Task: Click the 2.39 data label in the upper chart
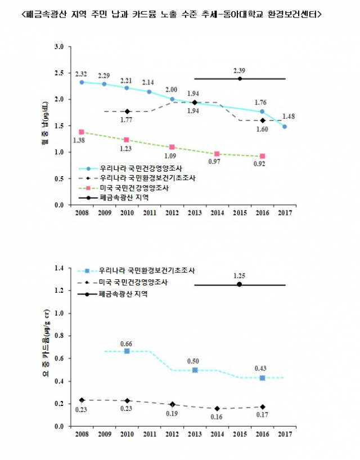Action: (x=240, y=70)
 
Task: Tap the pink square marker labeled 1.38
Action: (x=82, y=132)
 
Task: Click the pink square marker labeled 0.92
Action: (x=262, y=156)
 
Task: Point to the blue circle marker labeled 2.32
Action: (x=82, y=82)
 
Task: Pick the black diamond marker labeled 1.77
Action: (x=127, y=111)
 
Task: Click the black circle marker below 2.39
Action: (x=240, y=79)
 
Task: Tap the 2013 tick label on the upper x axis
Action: (x=194, y=213)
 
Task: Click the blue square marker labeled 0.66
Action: (x=127, y=351)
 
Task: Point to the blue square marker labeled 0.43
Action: (x=262, y=378)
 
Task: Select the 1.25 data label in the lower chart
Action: (x=240, y=276)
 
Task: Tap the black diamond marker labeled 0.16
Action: (x=217, y=408)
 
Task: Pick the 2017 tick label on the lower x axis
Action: (x=285, y=434)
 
